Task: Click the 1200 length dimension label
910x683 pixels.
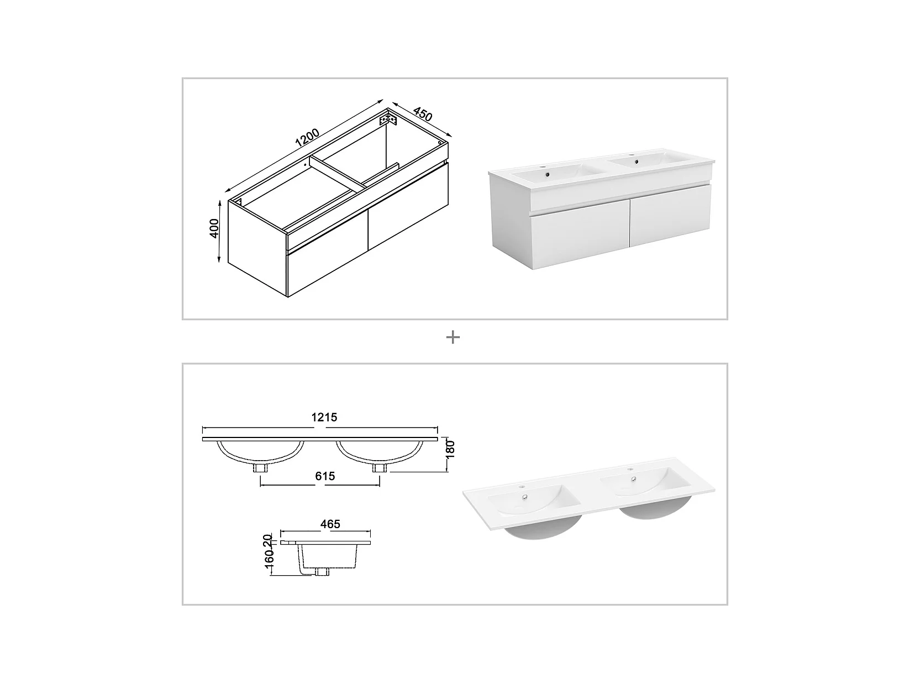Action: (307, 138)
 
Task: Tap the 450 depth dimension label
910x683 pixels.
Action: (423, 114)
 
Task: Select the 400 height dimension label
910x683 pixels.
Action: (214, 228)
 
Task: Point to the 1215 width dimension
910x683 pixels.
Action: (324, 418)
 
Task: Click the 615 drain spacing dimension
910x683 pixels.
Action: (325, 476)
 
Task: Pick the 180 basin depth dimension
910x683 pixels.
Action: (450, 450)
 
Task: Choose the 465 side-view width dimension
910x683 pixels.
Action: (330, 524)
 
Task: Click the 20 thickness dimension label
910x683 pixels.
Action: (268, 540)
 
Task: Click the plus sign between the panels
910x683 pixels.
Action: (453, 337)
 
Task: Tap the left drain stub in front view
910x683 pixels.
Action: (260, 468)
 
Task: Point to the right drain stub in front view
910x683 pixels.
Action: (380, 468)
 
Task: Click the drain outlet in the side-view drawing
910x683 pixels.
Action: (322, 572)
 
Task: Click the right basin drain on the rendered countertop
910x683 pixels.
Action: (633, 479)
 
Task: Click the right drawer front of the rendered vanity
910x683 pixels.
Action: (670, 215)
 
